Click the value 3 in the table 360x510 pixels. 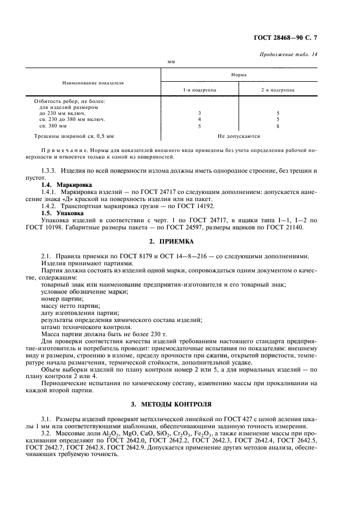[x=199, y=113]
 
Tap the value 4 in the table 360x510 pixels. [x=199, y=119]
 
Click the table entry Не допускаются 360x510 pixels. [x=239, y=136]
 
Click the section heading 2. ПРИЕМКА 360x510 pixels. [x=180, y=241]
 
